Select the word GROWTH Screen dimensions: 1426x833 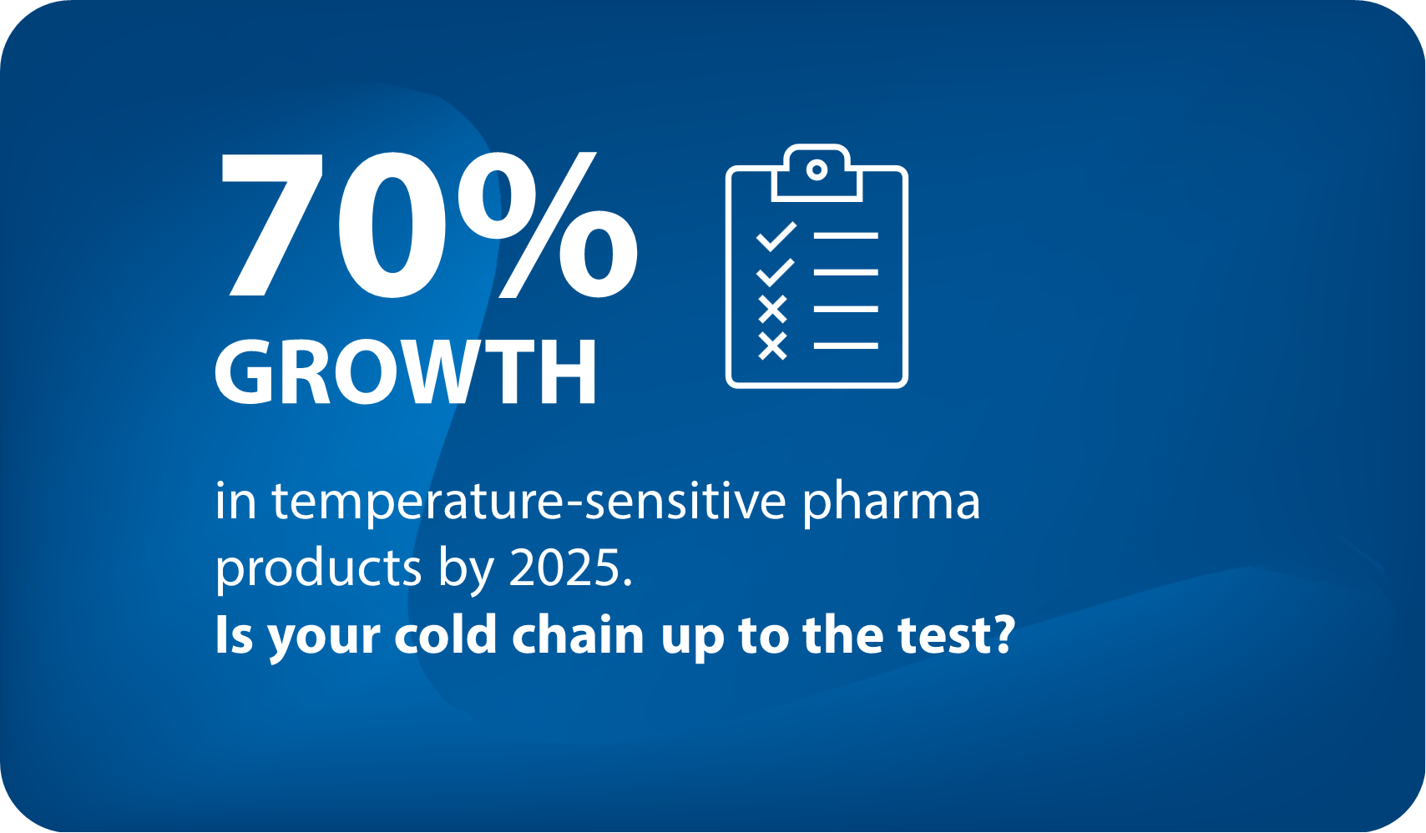point(406,372)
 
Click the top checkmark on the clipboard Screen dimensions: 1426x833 point(776,236)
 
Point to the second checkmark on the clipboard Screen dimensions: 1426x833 point(776,272)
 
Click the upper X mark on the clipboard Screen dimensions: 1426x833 point(773,310)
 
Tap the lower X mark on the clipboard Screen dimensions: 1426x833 point(773,346)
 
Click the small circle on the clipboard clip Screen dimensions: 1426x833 point(817,170)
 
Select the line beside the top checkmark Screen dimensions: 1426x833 point(846,236)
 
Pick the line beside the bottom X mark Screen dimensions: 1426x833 point(846,346)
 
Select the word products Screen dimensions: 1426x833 point(318,569)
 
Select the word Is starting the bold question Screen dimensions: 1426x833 point(234,635)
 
